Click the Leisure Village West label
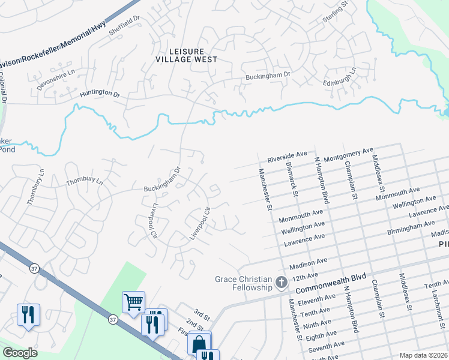[185, 55]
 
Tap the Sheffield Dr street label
[124, 26]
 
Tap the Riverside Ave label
[287, 158]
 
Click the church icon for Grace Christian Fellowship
[280, 282]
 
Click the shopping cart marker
[133, 302]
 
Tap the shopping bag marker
[199, 343]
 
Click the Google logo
[20, 353]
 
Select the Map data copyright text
[423, 355]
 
